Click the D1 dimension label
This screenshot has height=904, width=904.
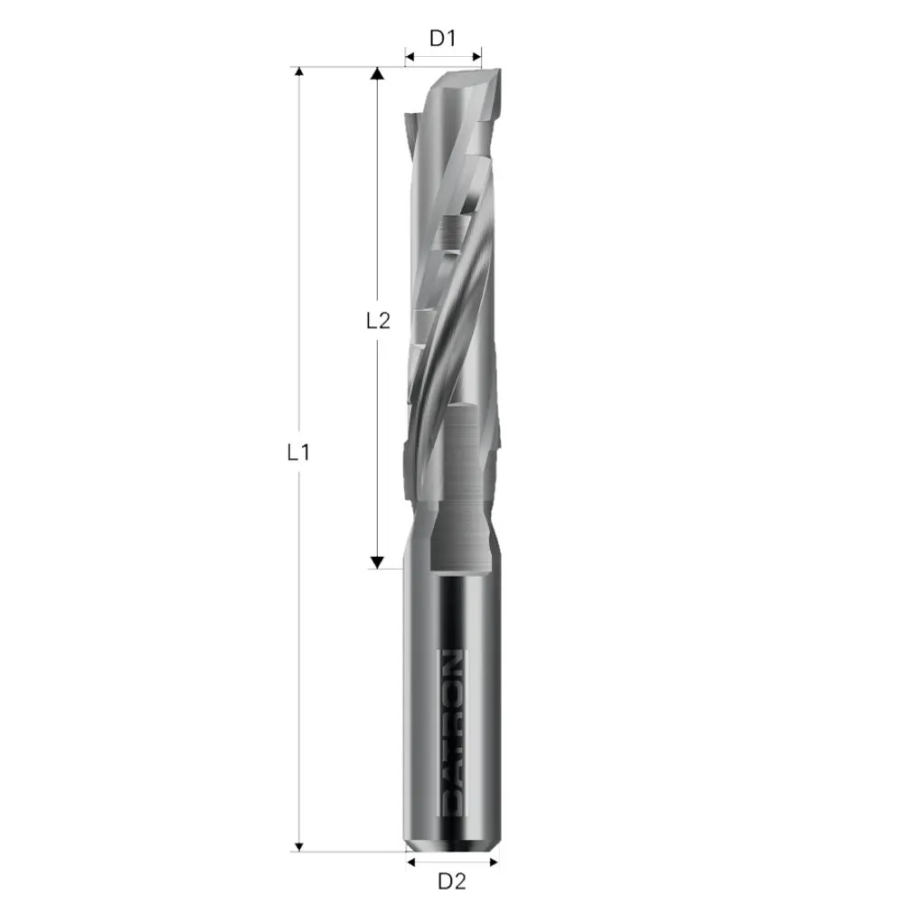(441, 39)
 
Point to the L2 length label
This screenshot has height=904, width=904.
(378, 320)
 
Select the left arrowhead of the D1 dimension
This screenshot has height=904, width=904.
(410, 58)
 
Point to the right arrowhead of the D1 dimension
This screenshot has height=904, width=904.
(476, 58)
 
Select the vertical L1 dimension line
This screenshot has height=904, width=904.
(298, 271)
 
